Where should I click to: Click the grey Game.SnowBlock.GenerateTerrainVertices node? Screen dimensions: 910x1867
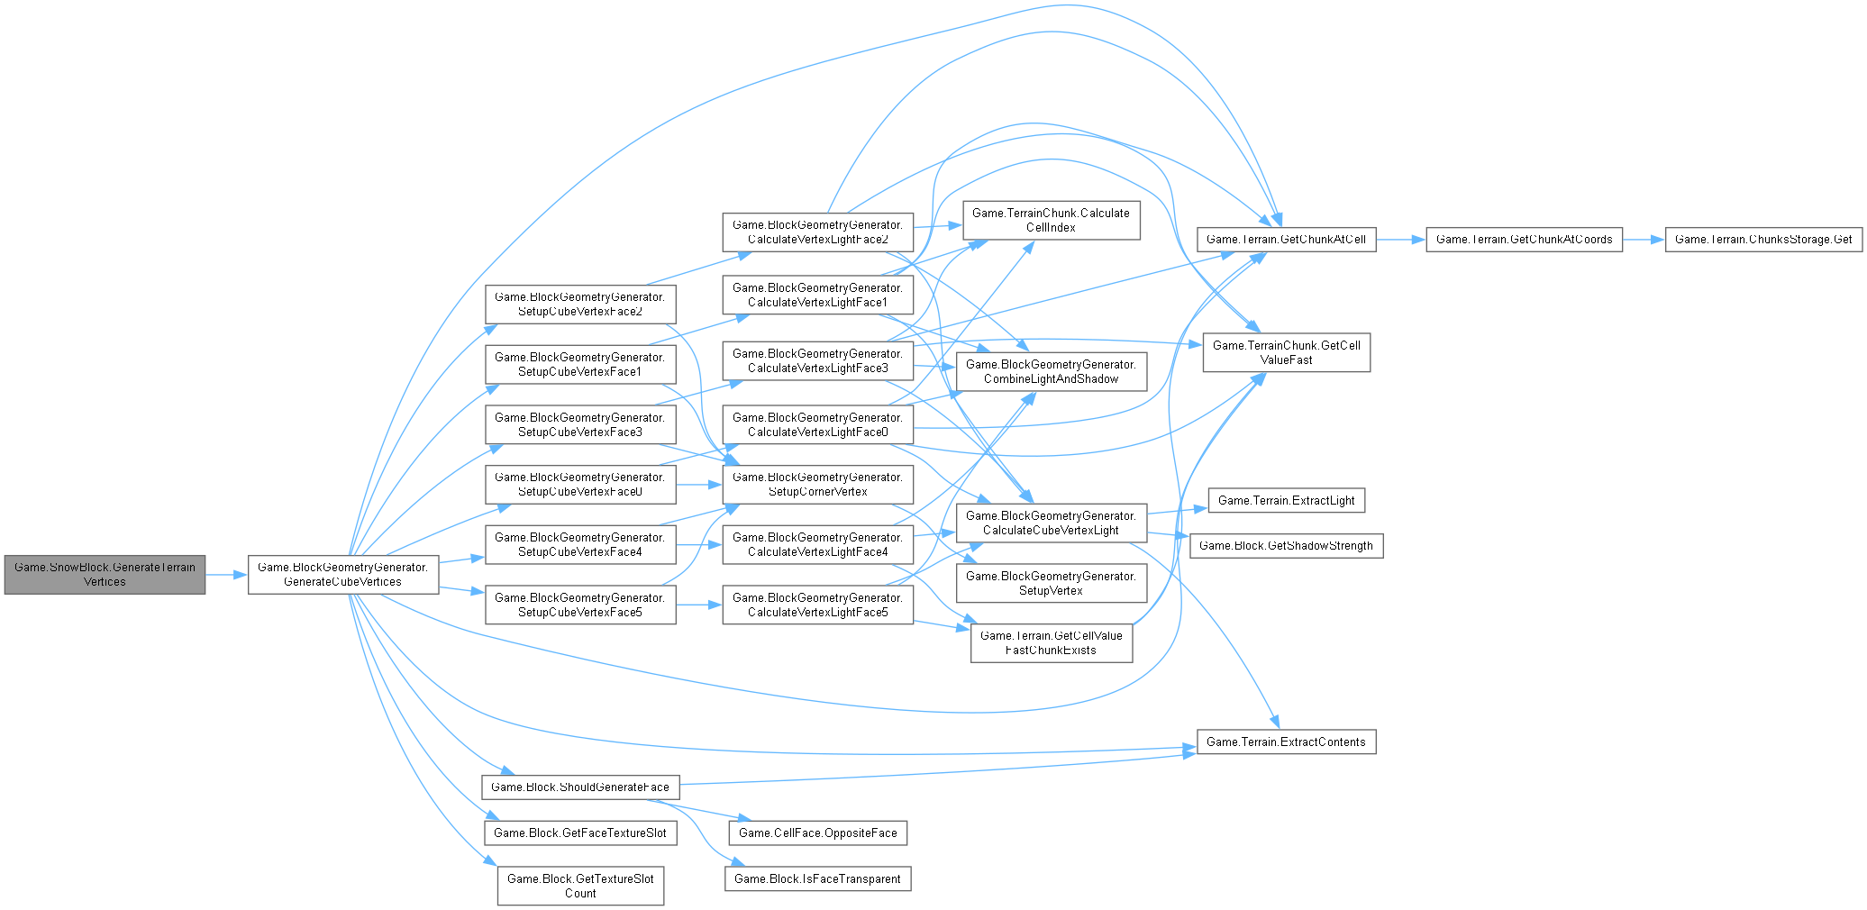click(105, 574)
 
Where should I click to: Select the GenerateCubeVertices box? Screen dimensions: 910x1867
click(343, 574)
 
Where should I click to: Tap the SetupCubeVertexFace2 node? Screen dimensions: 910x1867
click(579, 304)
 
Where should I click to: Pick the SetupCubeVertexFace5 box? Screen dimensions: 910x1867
click(579, 605)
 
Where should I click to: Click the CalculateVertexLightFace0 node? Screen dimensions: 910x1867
click(817, 424)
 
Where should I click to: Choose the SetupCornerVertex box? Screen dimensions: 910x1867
click(817, 484)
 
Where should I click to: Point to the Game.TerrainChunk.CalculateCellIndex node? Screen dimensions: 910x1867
click(1051, 220)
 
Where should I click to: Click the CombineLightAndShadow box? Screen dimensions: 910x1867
click(1051, 371)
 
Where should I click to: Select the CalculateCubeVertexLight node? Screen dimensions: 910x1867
click(1051, 523)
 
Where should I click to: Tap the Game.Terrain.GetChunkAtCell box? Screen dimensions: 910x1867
click(1286, 239)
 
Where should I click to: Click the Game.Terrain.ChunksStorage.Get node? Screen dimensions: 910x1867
click(1762, 239)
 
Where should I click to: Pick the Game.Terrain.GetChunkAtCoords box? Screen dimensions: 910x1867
click(1524, 239)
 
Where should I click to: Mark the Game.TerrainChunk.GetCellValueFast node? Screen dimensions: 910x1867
click(1286, 352)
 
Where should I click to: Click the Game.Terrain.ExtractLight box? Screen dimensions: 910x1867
click(1286, 500)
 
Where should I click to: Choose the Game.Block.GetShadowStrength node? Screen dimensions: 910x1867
click(1286, 545)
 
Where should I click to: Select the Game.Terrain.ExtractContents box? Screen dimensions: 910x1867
click(1286, 742)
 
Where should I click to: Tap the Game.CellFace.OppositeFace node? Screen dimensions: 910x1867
click(817, 833)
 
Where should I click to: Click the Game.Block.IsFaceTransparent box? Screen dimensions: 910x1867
click(817, 878)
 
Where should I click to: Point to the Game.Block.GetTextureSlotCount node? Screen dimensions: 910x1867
click(580, 886)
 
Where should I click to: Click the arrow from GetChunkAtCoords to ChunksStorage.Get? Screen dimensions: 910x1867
click(1644, 239)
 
